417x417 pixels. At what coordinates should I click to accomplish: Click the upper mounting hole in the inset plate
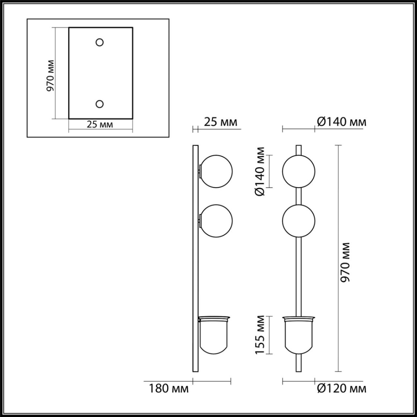click(x=100, y=42)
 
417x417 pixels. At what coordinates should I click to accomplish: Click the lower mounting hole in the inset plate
click(x=100, y=104)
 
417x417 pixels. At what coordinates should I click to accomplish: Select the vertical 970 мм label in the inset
click(x=51, y=75)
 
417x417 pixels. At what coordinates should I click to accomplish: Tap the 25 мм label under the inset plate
click(x=100, y=124)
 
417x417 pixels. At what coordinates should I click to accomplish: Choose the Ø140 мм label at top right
click(x=342, y=122)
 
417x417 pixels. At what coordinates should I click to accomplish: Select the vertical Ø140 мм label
click(x=260, y=171)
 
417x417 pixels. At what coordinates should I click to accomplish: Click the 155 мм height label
click(x=260, y=335)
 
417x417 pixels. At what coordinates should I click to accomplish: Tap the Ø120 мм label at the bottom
click(x=342, y=389)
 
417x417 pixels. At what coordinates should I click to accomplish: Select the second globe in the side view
click(x=217, y=221)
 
